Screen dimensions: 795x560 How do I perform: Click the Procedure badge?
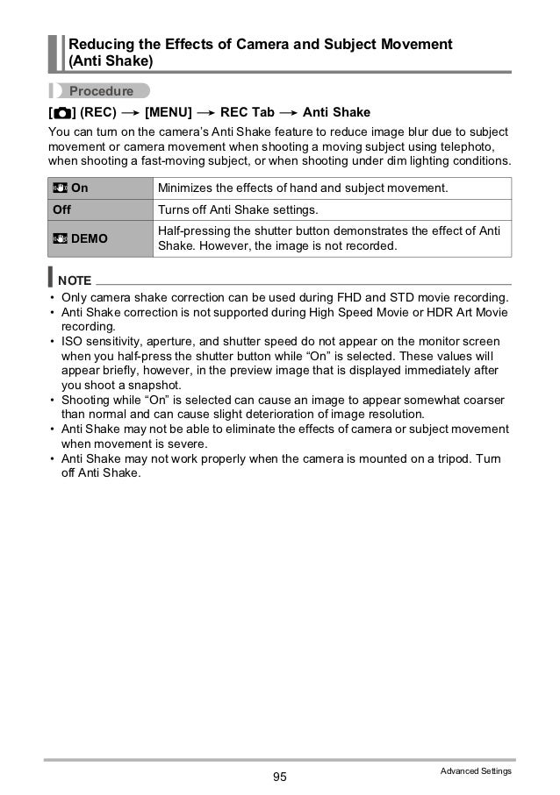pyautogui.click(x=100, y=90)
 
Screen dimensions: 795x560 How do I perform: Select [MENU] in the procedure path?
pyautogui.click(x=169, y=113)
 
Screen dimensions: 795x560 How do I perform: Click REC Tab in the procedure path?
pyautogui.click(x=247, y=113)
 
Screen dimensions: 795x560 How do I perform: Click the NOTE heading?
pyautogui.click(x=75, y=280)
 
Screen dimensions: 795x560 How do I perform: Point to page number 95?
pyautogui.click(x=280, y=777)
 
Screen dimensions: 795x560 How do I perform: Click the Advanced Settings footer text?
pyautogui.click(x=475, y=770)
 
